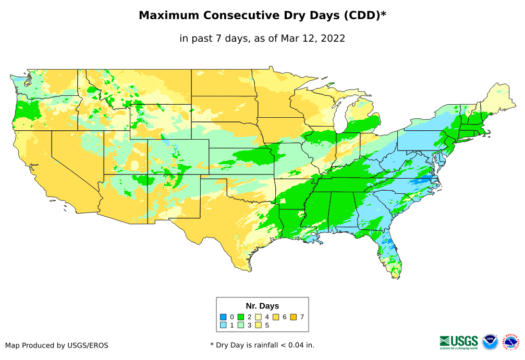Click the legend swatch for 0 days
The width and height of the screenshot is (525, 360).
pyautogui.click(x=223, y=317)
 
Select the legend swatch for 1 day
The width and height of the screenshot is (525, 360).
pyautogui.click(x=223, y=325)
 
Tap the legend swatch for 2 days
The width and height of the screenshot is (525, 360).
pyautogui.click(x=241, y=317)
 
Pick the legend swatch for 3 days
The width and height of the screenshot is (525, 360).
pyautogui.click(x=241, y=325)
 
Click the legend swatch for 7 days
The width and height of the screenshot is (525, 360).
pyautogui.click(x=294, y=317)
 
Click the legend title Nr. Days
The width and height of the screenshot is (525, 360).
pyautogui.click(x=262, y=306)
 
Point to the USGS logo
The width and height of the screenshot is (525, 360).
pyautogui.click(x=459, y=341)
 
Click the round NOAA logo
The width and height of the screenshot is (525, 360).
pyautogui.click(x=490, y=342)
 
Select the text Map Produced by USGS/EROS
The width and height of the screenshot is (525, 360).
pyautogui.click(x=57, y=345)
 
